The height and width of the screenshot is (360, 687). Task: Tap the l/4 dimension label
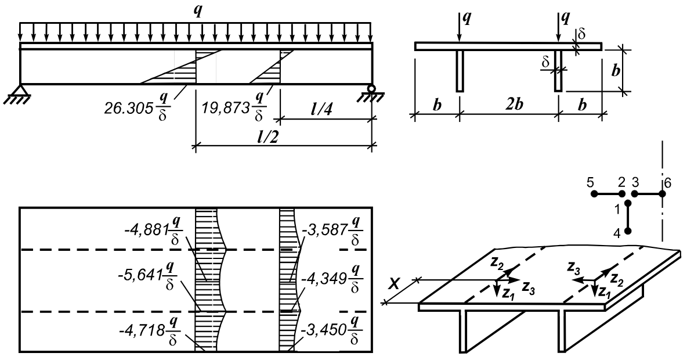pos(328,109)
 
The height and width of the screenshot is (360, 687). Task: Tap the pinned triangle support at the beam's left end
pos(20,91)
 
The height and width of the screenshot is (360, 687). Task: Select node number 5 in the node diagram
pos(590,182)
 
